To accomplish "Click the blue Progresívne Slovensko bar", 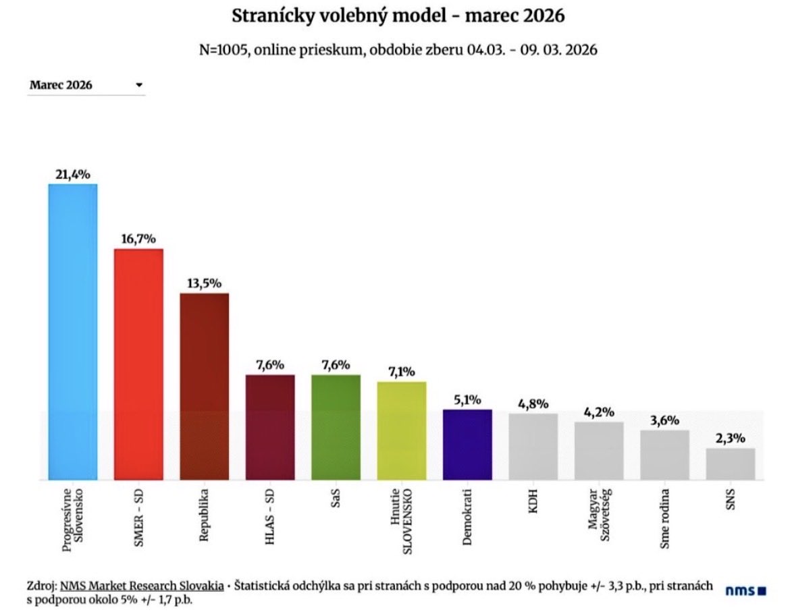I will click(x=72, y=331).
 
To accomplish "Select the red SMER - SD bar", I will click(x=138, y=364).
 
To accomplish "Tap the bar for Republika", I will click(x=204, y=386).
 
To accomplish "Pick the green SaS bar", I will click(x=336, y=426).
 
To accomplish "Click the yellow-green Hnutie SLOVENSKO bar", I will click(x=401, y=430).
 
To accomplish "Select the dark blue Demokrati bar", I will click(x=467, y=444).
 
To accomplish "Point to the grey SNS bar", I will click(x=731, y=464).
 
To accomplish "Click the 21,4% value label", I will click(x=72, y=173).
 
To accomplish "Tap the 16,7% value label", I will click(x=138, y=238).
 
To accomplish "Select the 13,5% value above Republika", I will click(x=204, y=283).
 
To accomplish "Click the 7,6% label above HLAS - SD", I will click(x=269, y=364).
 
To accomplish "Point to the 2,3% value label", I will click(x=731, y=438).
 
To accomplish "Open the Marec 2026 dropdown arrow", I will click(x=138, y=86).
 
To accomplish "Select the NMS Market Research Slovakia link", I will click(x=141, y=586).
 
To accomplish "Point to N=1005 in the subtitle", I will click(x=221, y=51).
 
